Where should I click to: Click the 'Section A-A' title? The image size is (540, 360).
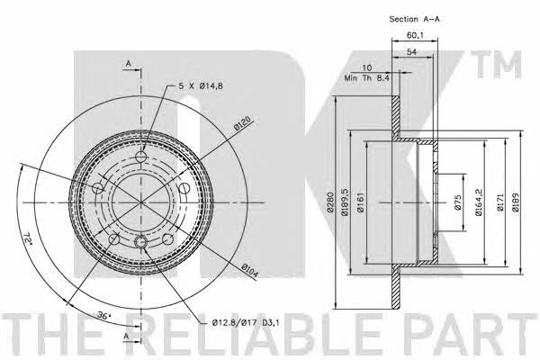click(414, 19)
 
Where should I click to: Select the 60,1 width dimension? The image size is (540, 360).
click(415, 35)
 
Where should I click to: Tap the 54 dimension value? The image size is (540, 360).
click(412, 52)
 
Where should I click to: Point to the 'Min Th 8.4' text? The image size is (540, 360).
click(367, 78)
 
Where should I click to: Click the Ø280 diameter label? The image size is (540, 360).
click(330, 202)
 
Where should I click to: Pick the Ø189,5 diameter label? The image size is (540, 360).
click(345, 202)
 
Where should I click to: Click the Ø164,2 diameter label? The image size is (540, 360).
click(479, 202)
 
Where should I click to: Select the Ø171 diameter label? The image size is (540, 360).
click(499, 202)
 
